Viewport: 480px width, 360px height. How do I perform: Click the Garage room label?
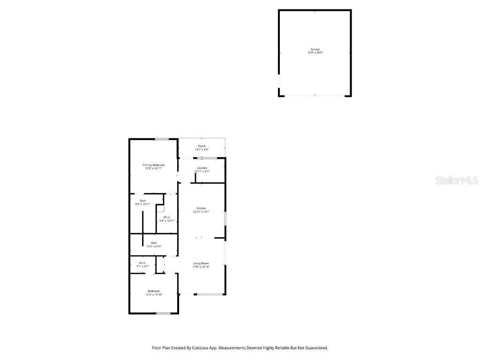pos(315,49)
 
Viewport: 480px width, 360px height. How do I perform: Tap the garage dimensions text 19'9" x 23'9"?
pos(315,53)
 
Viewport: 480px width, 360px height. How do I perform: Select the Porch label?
pos(202,146)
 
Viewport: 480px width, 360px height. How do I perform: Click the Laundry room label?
pos(202,168)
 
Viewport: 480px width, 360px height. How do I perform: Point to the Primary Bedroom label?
pos(154,165)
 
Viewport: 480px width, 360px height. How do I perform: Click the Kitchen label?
pos(202,208)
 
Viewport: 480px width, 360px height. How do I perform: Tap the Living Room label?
pos(201,263)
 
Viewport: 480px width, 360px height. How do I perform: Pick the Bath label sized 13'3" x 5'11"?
pos(154,243)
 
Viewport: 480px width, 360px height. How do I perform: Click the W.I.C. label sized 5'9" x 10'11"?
pos(167,217)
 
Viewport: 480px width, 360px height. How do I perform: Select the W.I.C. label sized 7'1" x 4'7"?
pos(142,263)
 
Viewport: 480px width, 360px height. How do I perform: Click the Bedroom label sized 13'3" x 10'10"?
pos(154,291)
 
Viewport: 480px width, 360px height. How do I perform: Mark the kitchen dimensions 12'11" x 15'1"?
pos(202,212)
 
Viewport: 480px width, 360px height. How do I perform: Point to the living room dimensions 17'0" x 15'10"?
pos(201,267)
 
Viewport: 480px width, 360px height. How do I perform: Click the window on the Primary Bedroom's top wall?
pos(162,139)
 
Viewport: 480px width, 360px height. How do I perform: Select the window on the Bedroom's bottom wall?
pos(163,313)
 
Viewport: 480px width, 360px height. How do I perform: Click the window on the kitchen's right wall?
pos(225,219)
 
